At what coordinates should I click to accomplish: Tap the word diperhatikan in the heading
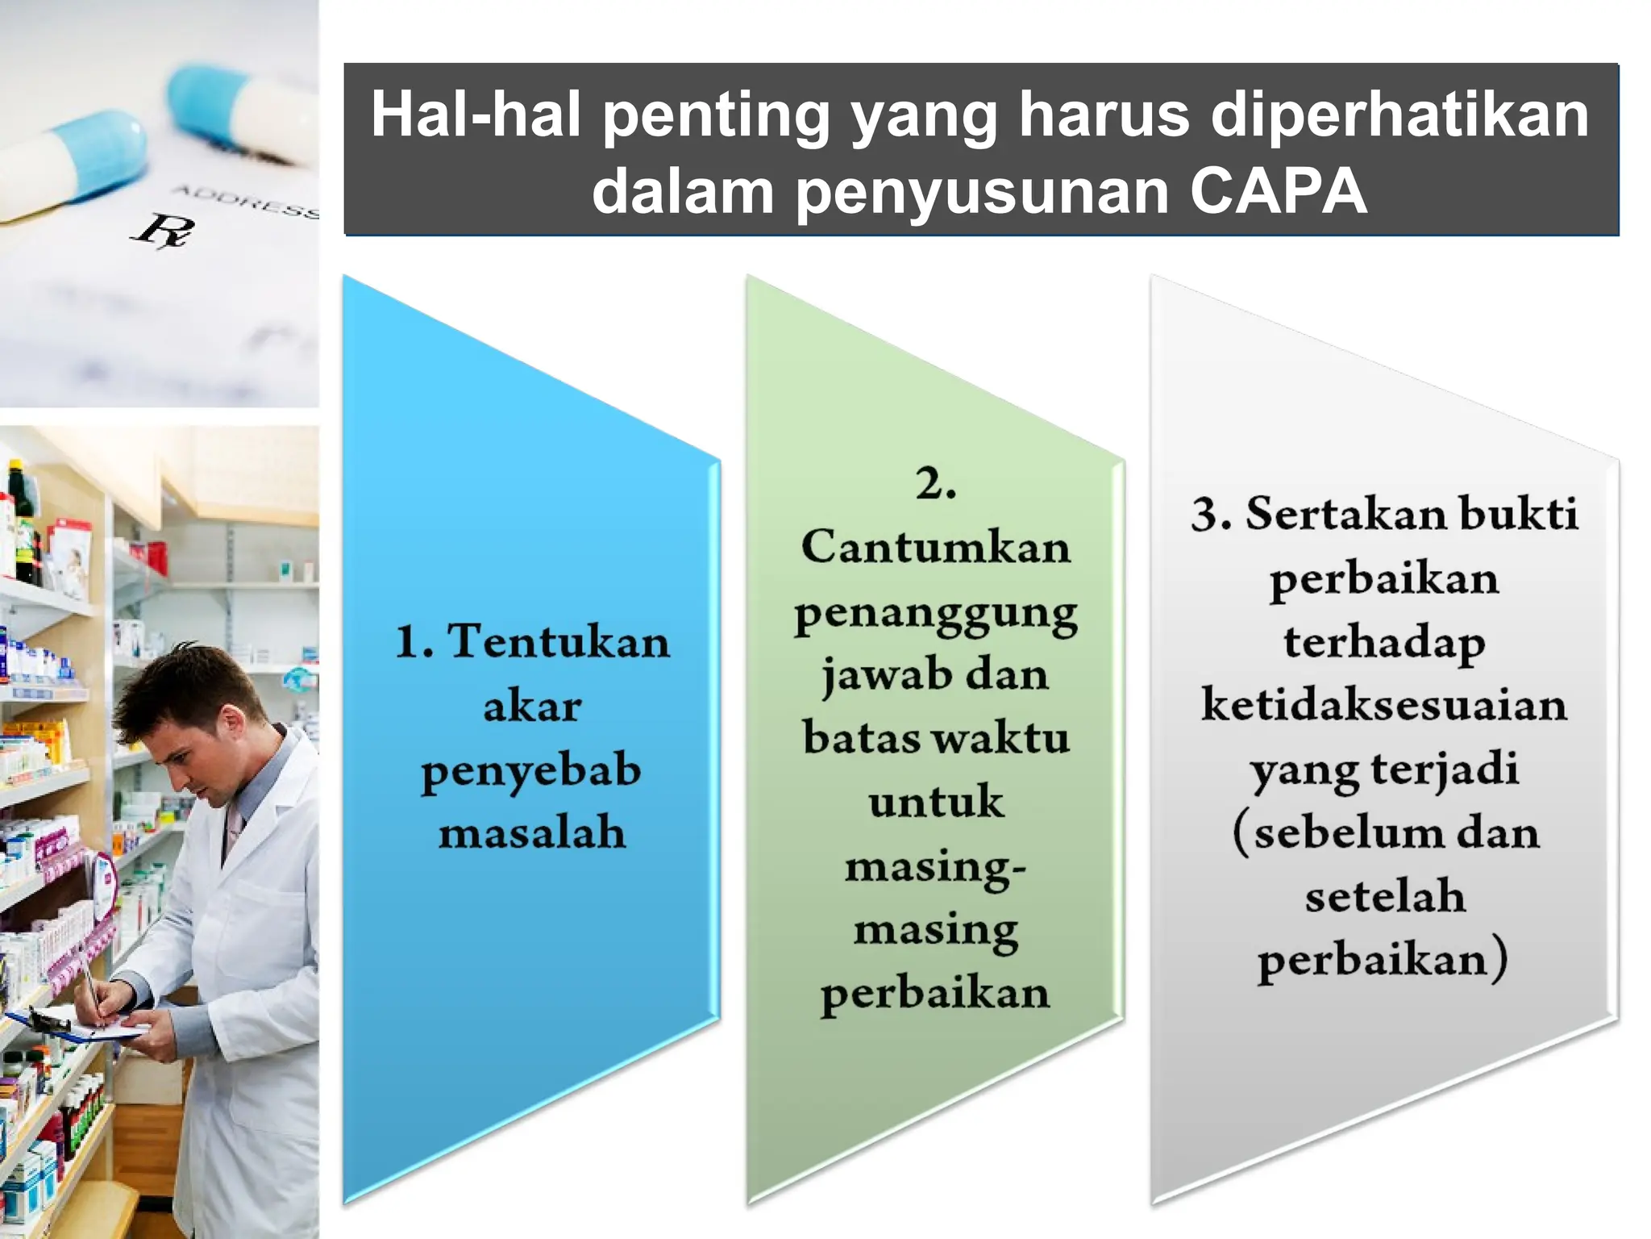pyautogui.click(x=1399, y=115)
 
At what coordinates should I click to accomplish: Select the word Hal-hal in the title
pyautogui.click(x=476, y=115)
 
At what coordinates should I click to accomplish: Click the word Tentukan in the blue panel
pyautogui.click(x=559, y=642)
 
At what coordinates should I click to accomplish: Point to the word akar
pyautogui.click(x=532, y=707)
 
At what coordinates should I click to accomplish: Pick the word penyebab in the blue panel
pyautogui.click(x=531, y=771)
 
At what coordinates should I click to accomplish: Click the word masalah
pyautogui.click(x=532, y=832)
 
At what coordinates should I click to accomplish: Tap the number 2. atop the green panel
pyautogui.click(x=936, y=484)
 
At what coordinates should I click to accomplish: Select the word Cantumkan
pyautogui.click(x=936, y=547)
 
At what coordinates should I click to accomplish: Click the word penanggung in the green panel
pyautogui.click(x=936, y=613)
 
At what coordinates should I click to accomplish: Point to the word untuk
pyautogui.click(x=936, y=802)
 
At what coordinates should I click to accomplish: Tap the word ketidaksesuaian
pyautogui.click(x=1384, y=704)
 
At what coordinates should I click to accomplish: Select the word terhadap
pyautogui.click(x=1384, y=643)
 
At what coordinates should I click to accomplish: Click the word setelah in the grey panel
pyautogui.click(x=1384, y=896)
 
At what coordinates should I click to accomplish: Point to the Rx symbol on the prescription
pyautogui.click(x=163, y=230)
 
